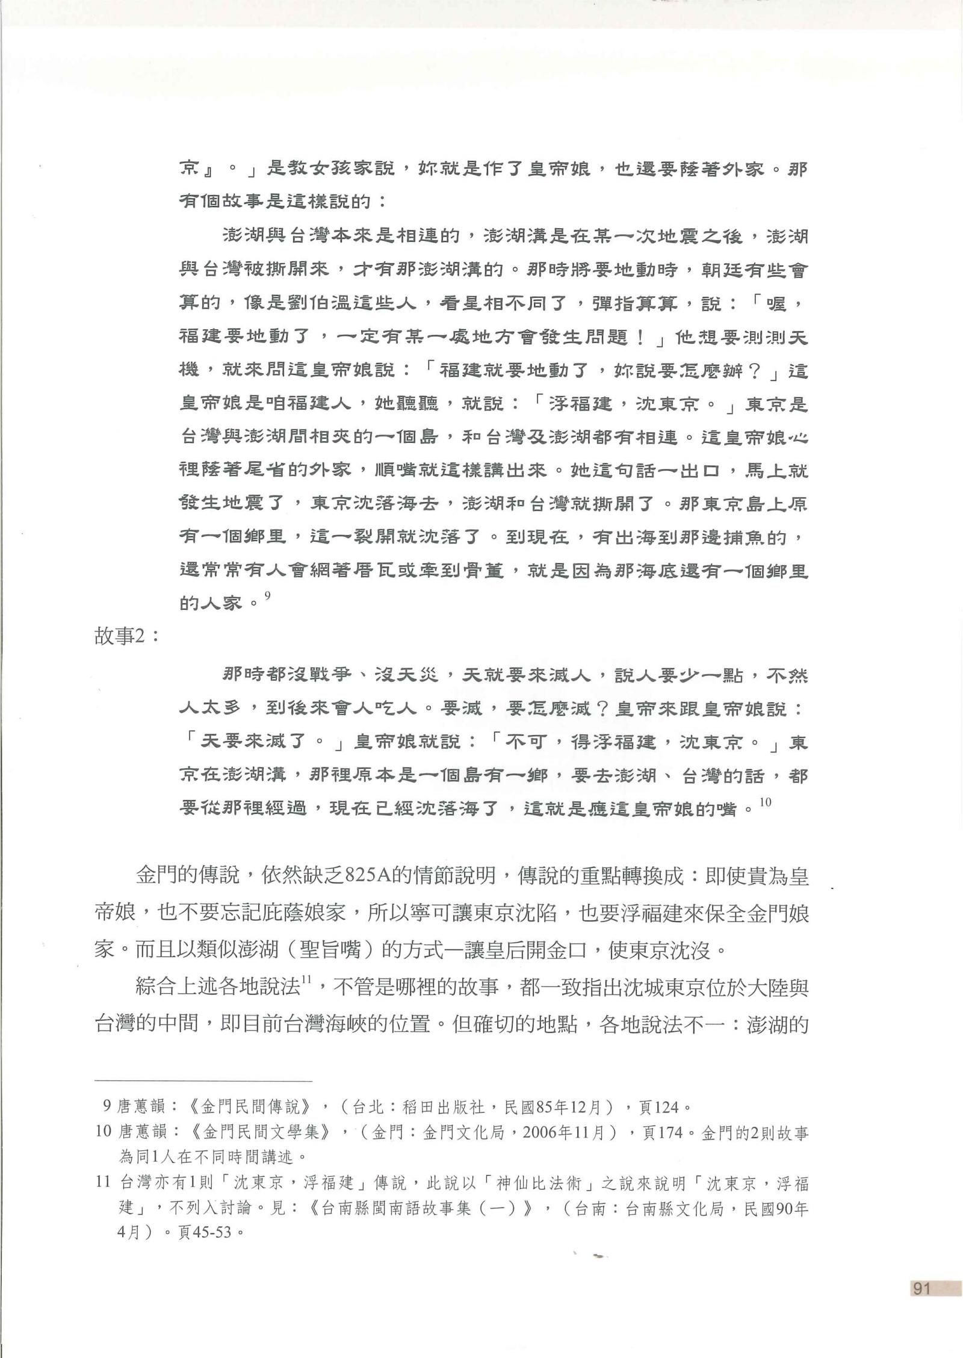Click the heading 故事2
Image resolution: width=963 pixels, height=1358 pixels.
pos(127,637)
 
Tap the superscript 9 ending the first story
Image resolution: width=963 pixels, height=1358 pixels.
pos(268,596)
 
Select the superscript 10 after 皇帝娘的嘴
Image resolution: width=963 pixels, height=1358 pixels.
pos(764,802)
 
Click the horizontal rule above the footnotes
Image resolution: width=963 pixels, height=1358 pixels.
pos(203,1081)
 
